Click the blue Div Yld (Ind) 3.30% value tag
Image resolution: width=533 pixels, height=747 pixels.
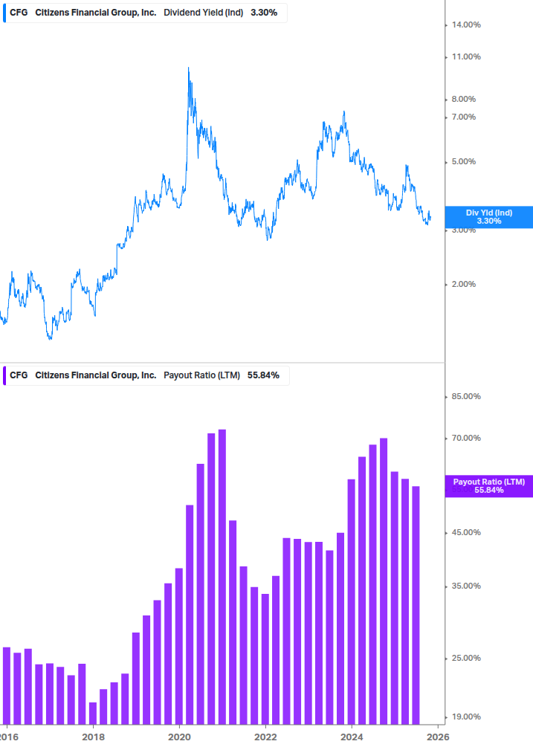click(489, 216)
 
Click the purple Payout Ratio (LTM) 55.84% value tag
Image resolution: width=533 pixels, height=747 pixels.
click(489, 486)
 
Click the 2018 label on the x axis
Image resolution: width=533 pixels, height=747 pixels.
click(93, 737)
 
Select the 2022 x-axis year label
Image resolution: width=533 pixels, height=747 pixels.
click(265, 737)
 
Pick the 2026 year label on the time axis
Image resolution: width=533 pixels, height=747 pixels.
click(438, 737)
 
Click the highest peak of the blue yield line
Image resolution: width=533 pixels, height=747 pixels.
click(188, 69)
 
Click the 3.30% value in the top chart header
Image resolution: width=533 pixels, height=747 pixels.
click(264, 13)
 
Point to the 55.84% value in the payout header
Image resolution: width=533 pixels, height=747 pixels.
click(263, 375)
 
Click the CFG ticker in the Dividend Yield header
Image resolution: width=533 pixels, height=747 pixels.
click(19, 13)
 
